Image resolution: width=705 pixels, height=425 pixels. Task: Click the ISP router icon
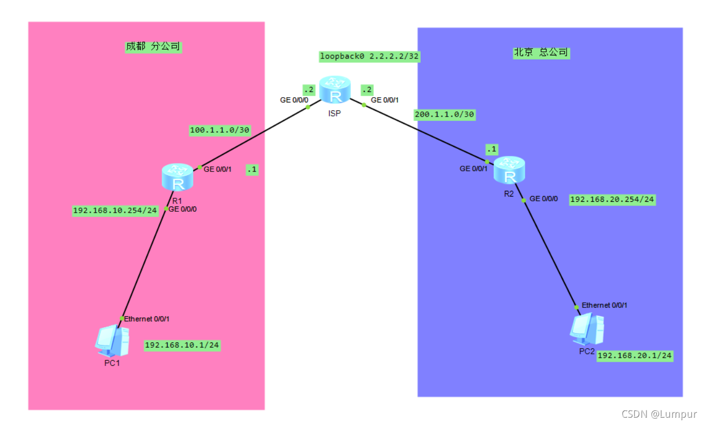335,89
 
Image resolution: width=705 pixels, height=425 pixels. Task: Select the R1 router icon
178,177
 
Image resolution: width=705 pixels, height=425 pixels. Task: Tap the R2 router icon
509,170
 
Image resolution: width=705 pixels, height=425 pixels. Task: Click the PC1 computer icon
112,341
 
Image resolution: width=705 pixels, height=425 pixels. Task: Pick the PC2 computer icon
587,329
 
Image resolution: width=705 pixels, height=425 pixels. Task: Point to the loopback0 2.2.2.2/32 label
369,56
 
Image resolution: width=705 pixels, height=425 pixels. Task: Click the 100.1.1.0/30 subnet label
219,130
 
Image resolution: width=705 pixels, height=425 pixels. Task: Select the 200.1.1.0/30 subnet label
444,114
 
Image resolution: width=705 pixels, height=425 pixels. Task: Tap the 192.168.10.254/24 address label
115,211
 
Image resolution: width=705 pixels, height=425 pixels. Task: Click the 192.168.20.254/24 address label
612,200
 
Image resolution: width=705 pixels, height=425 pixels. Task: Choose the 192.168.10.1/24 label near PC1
182,346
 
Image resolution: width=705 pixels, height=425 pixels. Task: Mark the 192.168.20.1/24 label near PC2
635,356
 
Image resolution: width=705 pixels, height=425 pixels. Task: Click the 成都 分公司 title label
153,47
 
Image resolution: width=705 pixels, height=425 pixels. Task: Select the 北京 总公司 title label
541,53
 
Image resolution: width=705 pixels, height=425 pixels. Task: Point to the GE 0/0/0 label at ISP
294,100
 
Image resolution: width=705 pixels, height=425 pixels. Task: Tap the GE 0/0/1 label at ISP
385,100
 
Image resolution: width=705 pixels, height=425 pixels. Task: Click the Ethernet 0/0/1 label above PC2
604,305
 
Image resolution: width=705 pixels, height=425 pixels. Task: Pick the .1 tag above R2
492,150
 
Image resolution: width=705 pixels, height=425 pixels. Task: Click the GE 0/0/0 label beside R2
544,199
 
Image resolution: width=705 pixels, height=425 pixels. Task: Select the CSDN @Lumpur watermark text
659,414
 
